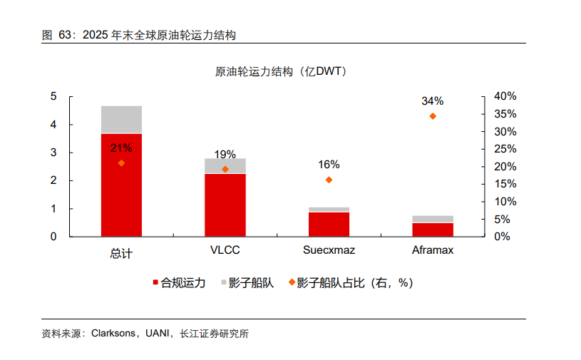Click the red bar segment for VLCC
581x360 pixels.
(x=225, y=205)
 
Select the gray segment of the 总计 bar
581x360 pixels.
(x=121, y=119)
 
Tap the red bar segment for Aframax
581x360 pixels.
(x=433, y=229)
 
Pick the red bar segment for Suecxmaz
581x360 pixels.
(x=329, y=224)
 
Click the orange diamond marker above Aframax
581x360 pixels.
(x=433, y=116)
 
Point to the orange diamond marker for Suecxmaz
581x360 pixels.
(x=329, y=180)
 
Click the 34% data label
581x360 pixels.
(x=433, y=101)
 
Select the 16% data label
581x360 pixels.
(x=329, y=165)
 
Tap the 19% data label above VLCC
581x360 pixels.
(x=225, y=155)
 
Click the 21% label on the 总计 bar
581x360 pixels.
(x=121, y=148)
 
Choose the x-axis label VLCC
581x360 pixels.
(x=225, y=251)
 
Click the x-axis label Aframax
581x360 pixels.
(x=433, y=251)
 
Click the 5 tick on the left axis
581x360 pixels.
(x=53, y=96)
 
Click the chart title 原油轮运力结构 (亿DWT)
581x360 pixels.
(x=282, y=72)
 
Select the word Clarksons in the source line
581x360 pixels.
(x=114, y=333)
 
